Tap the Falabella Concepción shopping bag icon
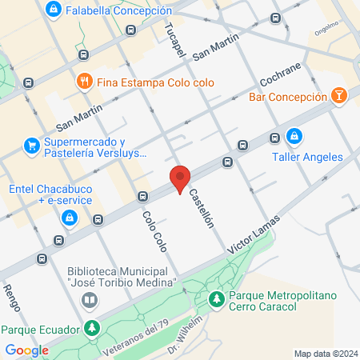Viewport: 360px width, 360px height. [53, 10]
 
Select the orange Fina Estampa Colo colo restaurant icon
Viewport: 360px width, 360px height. [82, 81]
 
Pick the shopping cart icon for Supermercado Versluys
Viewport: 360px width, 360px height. [32, 145]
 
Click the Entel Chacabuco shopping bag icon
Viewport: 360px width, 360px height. [70, 216]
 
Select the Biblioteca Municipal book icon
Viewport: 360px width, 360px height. [90, 300]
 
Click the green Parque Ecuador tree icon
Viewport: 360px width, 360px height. [93, 328]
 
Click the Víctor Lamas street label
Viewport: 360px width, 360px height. [254, 236]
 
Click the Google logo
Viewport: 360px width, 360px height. [26, 350]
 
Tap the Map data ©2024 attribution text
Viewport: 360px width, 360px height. [325, 354]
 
